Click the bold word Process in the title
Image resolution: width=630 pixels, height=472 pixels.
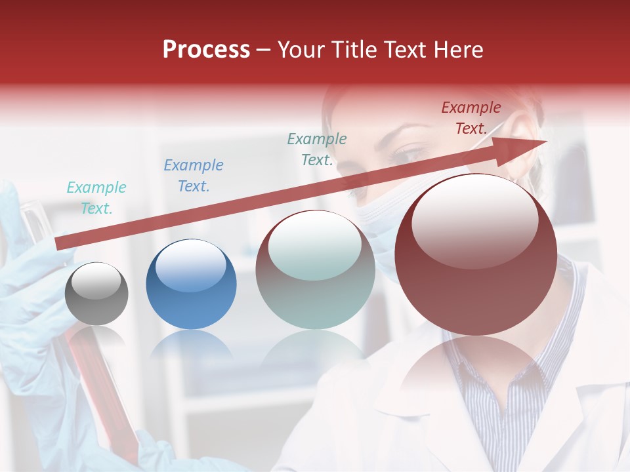point(206,50)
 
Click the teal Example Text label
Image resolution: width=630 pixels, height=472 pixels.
point(96,198)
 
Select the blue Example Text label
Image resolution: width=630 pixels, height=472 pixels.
point(194,176)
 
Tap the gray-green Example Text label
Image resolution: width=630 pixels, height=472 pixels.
point(317,149)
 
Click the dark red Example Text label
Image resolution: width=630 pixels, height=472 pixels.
point(471,118)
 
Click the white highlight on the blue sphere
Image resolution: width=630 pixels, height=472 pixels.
point(190,266)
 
